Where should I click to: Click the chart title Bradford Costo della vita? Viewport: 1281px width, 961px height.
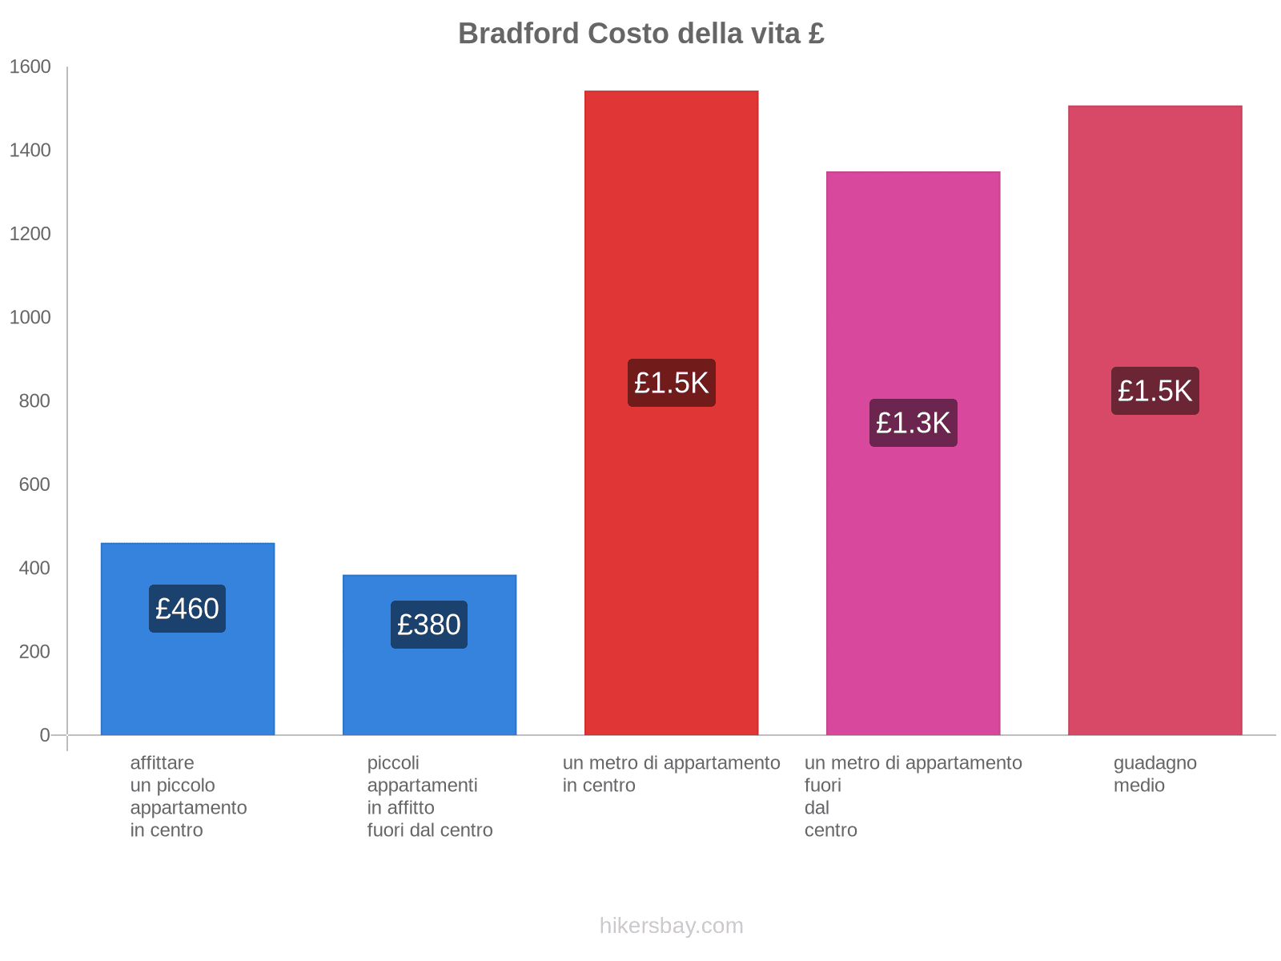(x=640, y=34)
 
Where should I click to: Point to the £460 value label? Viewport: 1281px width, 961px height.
(x=187, y=609)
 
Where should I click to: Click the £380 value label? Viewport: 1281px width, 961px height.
(x=429, y=625)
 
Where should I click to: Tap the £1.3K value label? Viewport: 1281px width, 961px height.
(x=913, y=423)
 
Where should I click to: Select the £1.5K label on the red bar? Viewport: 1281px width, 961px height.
(x=671, y=383)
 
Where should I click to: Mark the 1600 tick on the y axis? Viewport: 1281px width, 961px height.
(x=30, y=67)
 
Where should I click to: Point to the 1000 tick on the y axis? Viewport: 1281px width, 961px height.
(x=30, y=318)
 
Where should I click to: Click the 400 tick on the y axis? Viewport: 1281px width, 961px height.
(x=34, y=569)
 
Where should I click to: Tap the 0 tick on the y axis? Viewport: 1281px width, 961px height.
(x=45, y=735)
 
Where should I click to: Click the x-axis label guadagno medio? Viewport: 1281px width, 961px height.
(x=1155, y=774)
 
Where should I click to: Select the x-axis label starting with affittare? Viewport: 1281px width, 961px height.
(x=188, y=796)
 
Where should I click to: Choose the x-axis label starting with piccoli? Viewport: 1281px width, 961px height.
(x=430, y=796)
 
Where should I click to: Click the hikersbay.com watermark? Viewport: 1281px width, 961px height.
(x=671, y=926)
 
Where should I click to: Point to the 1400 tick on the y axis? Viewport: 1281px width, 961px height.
(x=30, y=151)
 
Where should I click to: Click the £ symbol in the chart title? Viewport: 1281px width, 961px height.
(x=816, y=34)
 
